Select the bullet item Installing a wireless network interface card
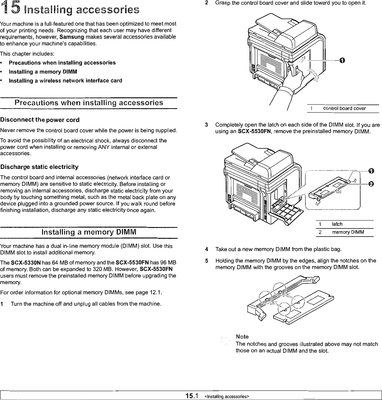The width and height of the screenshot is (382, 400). (65, 81)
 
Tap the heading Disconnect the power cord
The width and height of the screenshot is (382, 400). (40, 120)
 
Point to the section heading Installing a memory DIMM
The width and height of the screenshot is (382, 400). (89, 232)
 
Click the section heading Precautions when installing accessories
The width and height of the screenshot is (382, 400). (89, 103)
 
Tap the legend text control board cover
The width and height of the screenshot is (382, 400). (344, 109)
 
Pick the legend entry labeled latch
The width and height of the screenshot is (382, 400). (337, 224)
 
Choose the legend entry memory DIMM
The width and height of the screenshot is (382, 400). (348, 232)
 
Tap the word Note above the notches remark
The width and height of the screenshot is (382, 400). (242, 337)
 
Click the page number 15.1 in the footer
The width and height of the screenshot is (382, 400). (192, 396)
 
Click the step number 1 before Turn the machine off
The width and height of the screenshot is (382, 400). (2, 305)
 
